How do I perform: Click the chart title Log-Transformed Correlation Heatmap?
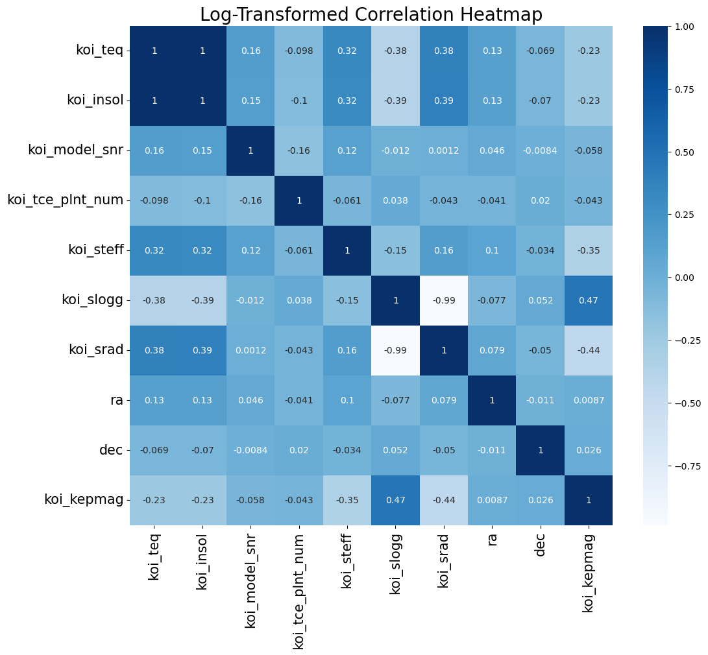tap(371, 14)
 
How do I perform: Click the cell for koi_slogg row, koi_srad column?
tap(444, 300)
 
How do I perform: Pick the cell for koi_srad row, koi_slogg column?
tap(395, 350)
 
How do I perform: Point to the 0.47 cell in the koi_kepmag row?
tap(395, 500)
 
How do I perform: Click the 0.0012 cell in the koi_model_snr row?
tap(444, 150)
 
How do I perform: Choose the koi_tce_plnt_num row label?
tap(66, 200)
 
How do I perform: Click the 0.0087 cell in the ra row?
tap(589, 400)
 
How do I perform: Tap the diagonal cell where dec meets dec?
tap(540, 450)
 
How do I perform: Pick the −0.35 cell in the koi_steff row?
tap(589, 250)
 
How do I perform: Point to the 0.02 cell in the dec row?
tap(299, 450)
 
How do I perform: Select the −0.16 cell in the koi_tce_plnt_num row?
tap(251, 200)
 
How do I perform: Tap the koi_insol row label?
tap(95, 101)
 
